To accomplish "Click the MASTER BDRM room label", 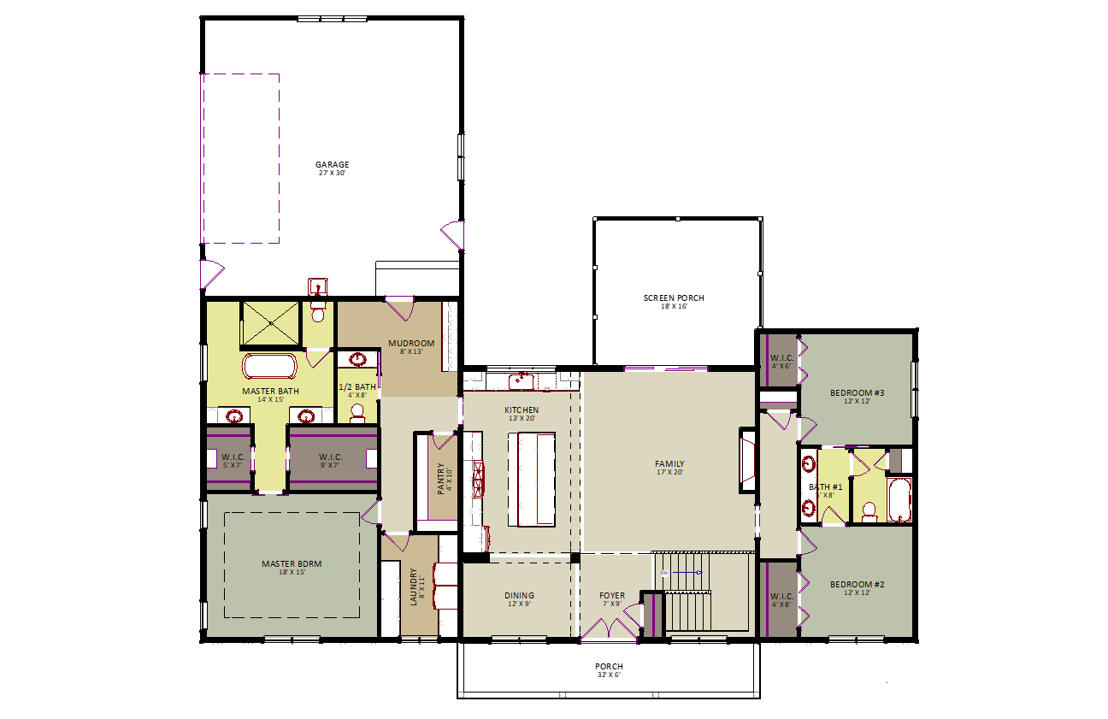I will coord(292,564).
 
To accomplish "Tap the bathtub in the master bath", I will coord(270,367).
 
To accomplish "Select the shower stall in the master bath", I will coord(270,323).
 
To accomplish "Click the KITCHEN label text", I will coord(522,410).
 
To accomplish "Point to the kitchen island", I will coord(532,479).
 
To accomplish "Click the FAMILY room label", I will coord(669,464).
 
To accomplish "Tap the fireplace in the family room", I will coord(748,462).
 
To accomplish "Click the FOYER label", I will coord(612,596).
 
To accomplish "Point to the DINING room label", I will coord(519,596).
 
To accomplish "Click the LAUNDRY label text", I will coord(414,586).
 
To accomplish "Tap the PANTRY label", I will coord(441,479).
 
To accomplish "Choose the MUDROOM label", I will coord(411,344).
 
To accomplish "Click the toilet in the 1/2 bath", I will coord(357,413).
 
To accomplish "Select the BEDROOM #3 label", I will coord(857,393).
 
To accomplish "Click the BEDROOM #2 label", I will coord(857,585).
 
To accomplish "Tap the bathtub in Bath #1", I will coord(899,500).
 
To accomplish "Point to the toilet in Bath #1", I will coord(869,511).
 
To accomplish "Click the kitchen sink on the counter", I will coord(521,380).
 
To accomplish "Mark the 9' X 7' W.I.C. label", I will coord(331,457).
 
